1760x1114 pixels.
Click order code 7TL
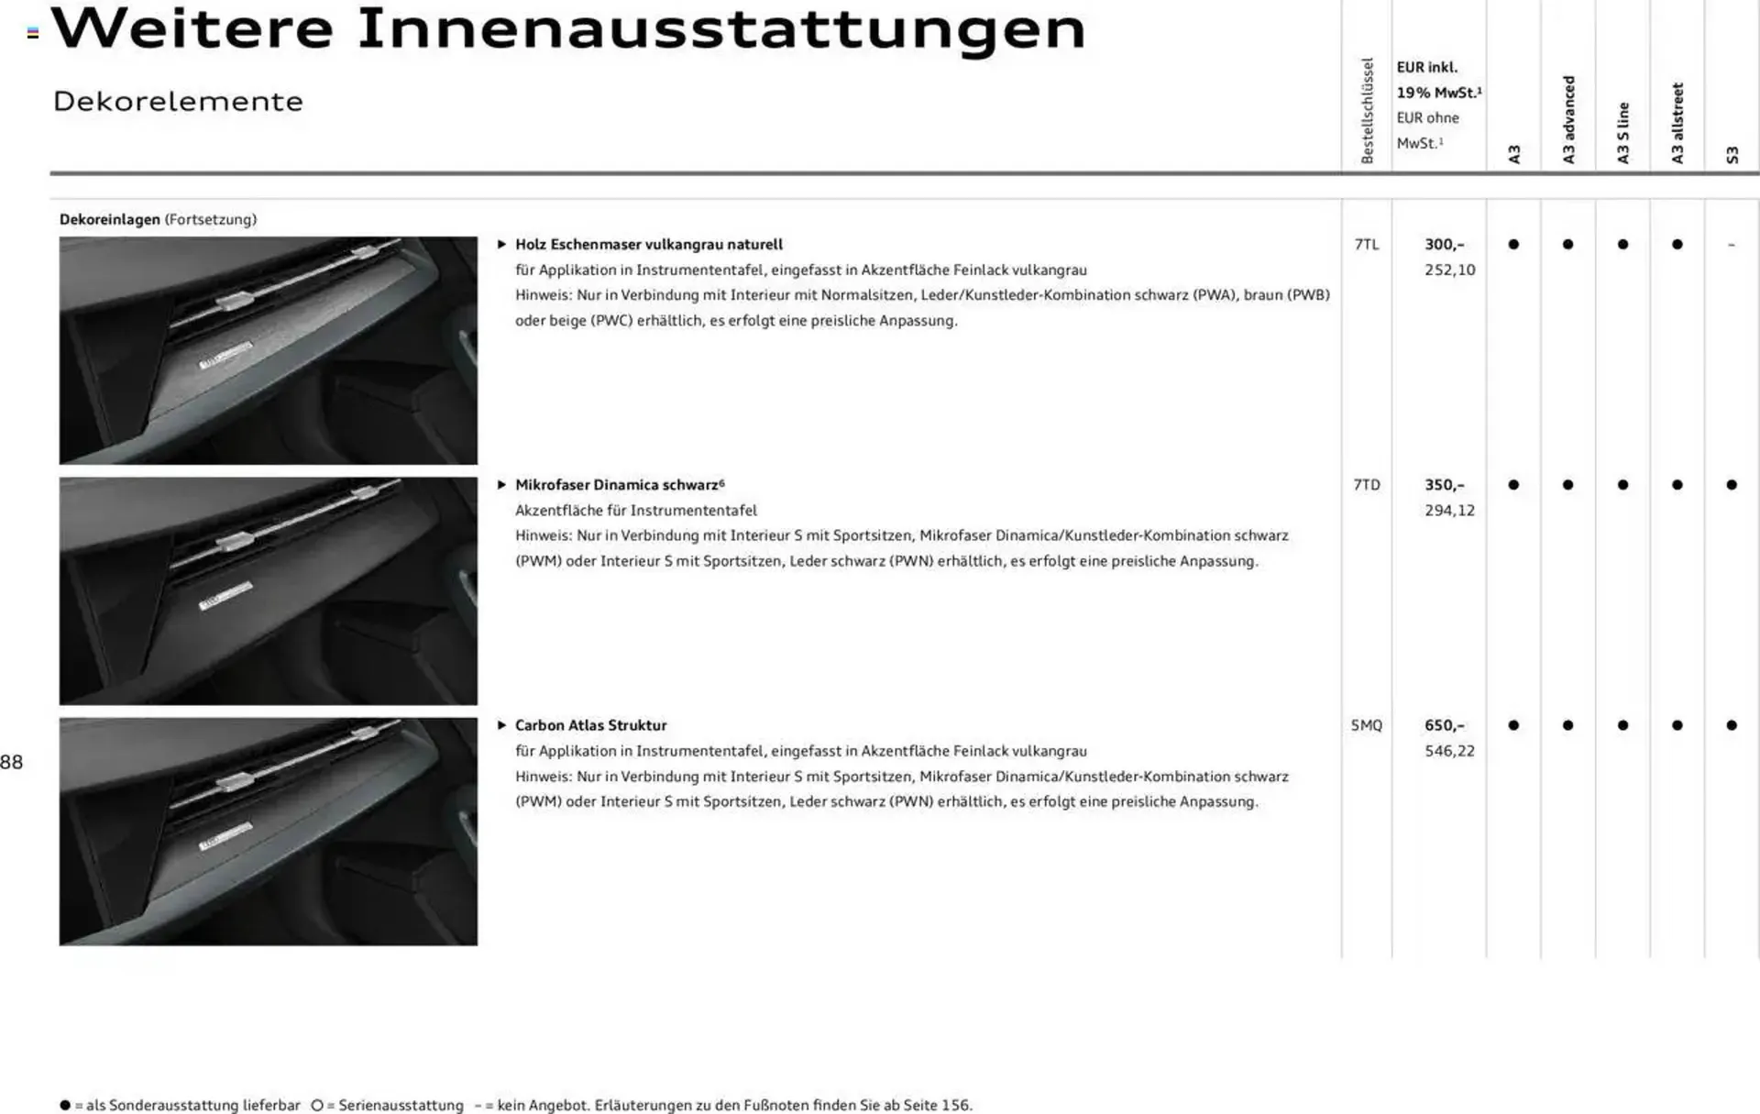pos(1366,245)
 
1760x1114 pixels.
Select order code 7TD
pos(1366,485)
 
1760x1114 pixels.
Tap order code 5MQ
pos(1366,725)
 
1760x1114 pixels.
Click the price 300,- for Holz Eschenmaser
pos(1444,245)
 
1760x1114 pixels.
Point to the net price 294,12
pos(1449,511)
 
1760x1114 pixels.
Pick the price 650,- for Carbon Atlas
pos(1444,725)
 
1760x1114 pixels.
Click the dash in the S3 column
pos(1731,245)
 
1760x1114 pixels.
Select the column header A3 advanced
pos(1568,119)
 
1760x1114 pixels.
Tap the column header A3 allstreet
pos(1677,123)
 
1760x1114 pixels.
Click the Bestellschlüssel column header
pos(1367,111)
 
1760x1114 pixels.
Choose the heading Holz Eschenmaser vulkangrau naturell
pos(648,245)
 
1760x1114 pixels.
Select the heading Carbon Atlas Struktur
pos(590,725)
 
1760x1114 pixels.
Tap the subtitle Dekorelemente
pos(178,101)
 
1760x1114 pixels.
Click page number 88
pos(12,762)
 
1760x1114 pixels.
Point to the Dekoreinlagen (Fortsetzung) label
pos(158,219)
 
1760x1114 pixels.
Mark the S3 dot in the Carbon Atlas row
pos(1731,725)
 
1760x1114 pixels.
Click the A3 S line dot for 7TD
pos(1622,485)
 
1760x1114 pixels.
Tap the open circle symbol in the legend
pos(317,1105)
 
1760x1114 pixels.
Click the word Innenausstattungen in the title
pos(720,29)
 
